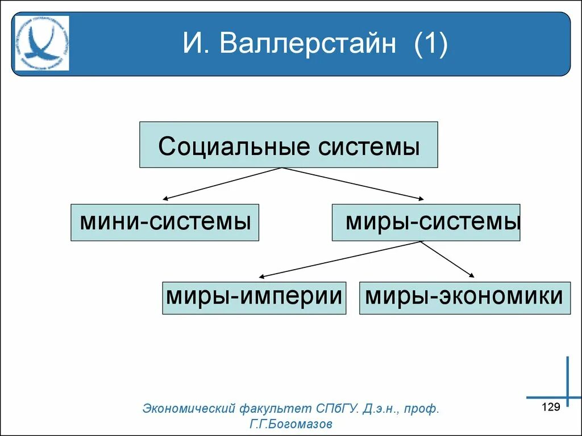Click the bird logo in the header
point(42,44)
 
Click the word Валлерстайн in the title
point(308,44)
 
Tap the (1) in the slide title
point(431,44)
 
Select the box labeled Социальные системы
point(289,145)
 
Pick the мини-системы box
point(165,222)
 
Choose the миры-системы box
point(426,222)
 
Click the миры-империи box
point(254,297)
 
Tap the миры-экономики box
point(464,297)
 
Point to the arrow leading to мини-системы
point(222,183)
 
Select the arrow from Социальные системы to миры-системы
point(352,183)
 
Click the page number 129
point(551,406)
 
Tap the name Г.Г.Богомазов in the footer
point(290,424)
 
